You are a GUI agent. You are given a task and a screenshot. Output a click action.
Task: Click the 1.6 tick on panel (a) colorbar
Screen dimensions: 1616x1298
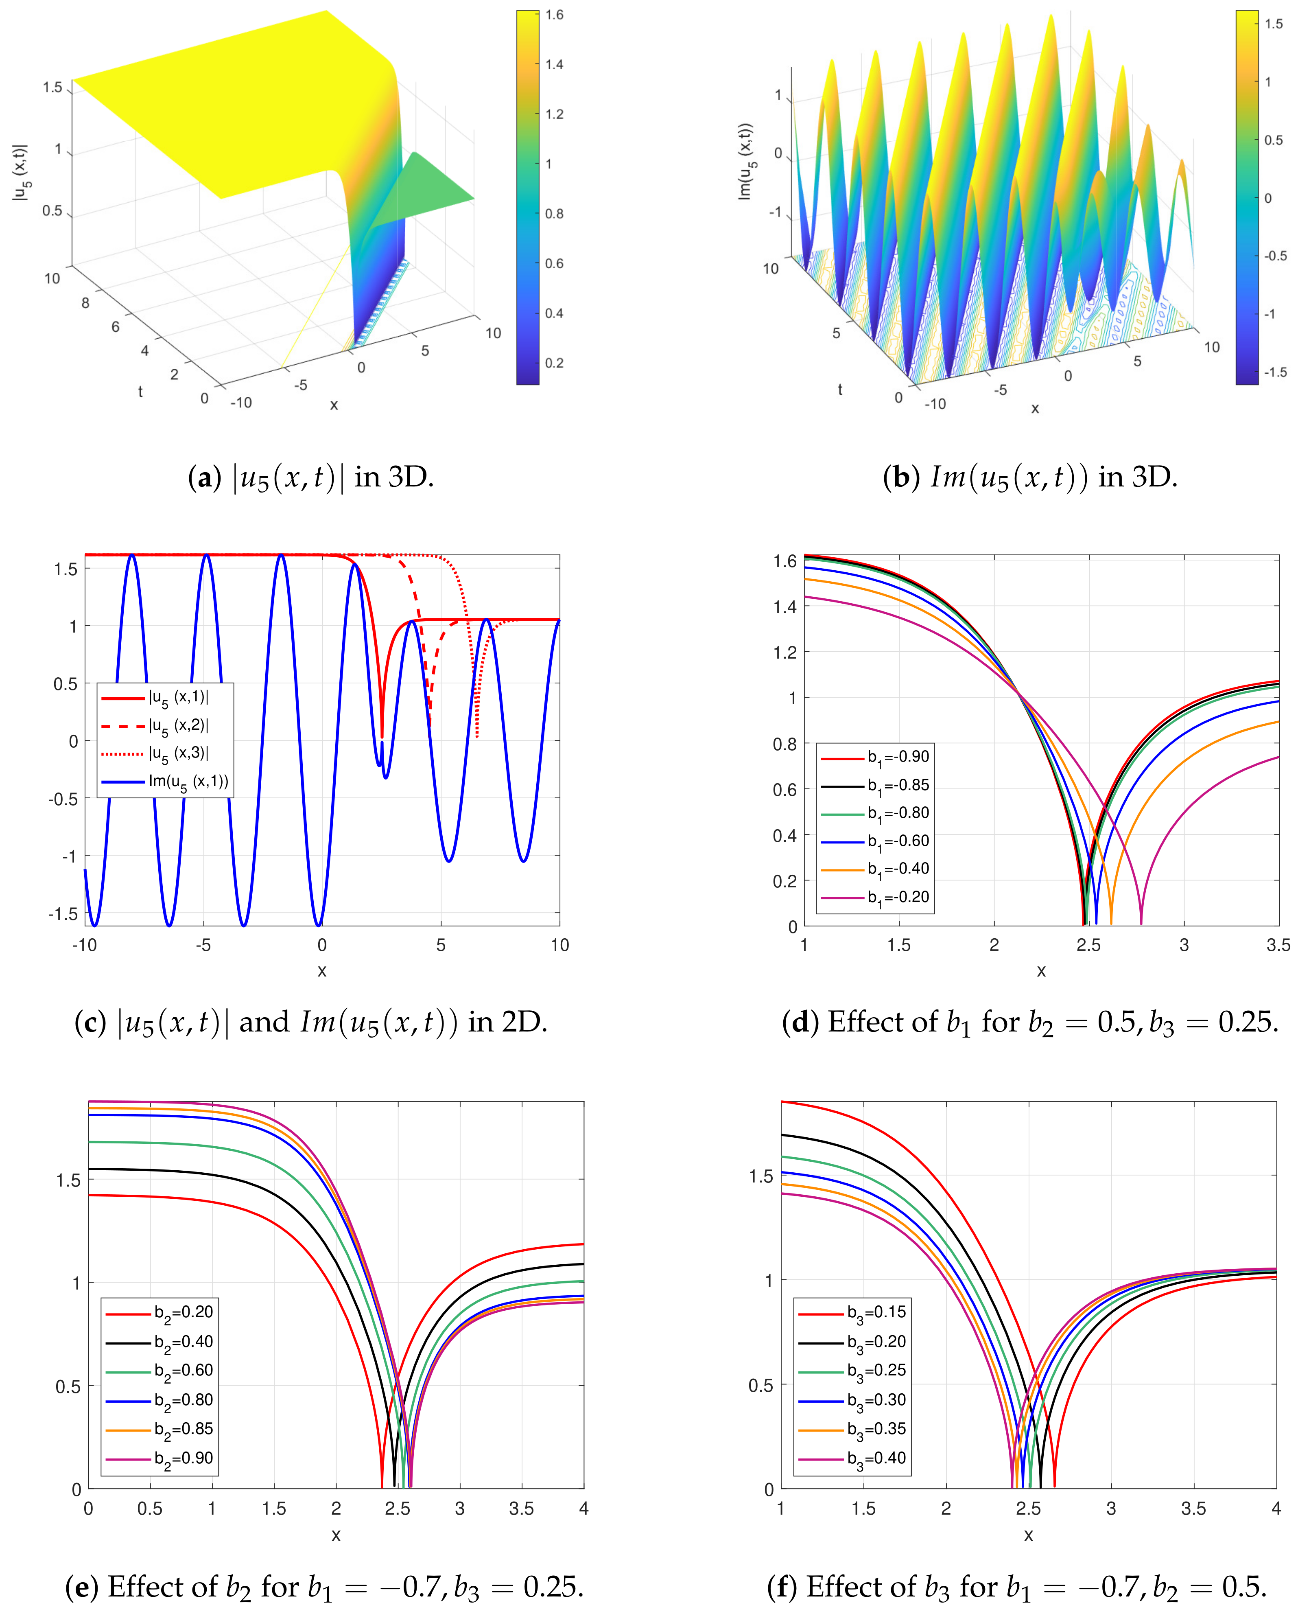tap(554, 15)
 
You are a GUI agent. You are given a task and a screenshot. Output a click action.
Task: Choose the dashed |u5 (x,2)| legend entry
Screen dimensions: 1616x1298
tap(178, 725)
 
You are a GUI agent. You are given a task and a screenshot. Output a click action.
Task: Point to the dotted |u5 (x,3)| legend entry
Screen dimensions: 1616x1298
tap(178, 753)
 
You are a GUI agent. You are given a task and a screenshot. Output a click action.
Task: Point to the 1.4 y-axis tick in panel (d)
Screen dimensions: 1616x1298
tap(784, 607)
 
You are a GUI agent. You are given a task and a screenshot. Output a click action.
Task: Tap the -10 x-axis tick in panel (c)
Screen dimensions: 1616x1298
tap(85, 945)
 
